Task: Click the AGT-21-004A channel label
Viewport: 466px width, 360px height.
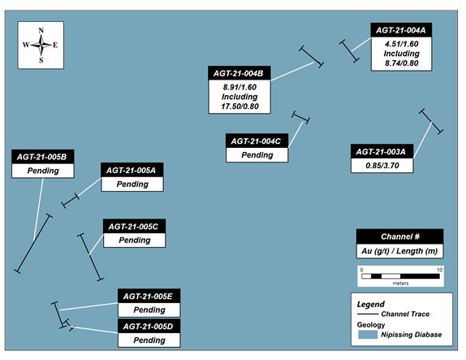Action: (400, 30)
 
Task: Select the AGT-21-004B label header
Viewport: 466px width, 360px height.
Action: (239, 73)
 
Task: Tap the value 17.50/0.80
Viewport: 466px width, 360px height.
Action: (239, 106)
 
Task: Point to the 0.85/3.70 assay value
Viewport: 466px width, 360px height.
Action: (382, 166)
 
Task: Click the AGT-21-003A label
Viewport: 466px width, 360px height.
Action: (381, 152)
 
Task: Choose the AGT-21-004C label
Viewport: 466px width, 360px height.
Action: (256, 141)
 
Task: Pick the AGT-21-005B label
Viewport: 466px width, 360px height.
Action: (41, 157)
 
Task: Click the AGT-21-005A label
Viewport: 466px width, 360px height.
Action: (131, 171)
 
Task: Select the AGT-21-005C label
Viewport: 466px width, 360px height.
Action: (133, 227)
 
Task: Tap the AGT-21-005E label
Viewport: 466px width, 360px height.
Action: (148, 297)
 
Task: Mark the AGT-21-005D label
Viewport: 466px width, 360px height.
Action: (148, 327)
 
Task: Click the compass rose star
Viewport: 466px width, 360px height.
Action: (41, 45)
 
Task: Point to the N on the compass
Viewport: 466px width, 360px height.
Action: (41, 30)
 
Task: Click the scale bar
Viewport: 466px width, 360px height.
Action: (400, 276)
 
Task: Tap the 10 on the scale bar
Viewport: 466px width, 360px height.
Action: (439, 270)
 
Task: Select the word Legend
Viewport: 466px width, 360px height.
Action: (370, 305)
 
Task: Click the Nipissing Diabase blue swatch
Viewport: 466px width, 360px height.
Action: (368, 335)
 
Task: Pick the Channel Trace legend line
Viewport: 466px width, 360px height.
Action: (368, 314)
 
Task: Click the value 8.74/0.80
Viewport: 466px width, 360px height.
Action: (402, 63)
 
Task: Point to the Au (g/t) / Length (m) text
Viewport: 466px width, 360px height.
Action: (399, 251)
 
